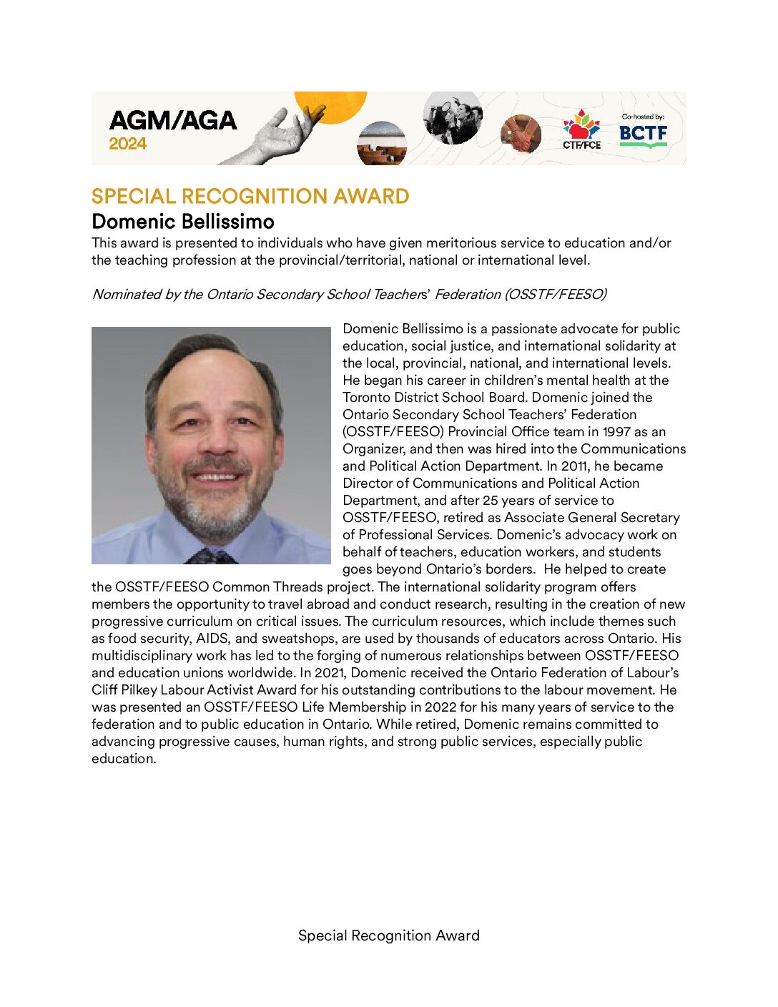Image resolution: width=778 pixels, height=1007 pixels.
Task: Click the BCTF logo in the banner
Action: [x=643, y=134]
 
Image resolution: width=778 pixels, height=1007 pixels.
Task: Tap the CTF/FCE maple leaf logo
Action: [x=581, y=127]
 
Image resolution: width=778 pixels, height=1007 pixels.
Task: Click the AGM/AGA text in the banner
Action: [x=173, y=120]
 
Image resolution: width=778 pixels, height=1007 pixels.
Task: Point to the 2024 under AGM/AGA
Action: [x=128, y=144]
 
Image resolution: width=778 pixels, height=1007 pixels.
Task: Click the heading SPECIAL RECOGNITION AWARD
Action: [x=250, y=197]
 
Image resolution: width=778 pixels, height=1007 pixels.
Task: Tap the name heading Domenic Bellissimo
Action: [x=183, y=221]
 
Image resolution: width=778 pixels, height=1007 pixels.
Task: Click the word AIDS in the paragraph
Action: [x=212, y=639]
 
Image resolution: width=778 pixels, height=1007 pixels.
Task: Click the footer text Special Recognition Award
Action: [x=388, y=935]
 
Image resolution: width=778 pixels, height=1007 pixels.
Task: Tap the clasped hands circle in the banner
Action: [x=521, y=134]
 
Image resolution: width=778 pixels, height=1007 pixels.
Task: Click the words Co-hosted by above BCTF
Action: [x=643, y=117]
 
